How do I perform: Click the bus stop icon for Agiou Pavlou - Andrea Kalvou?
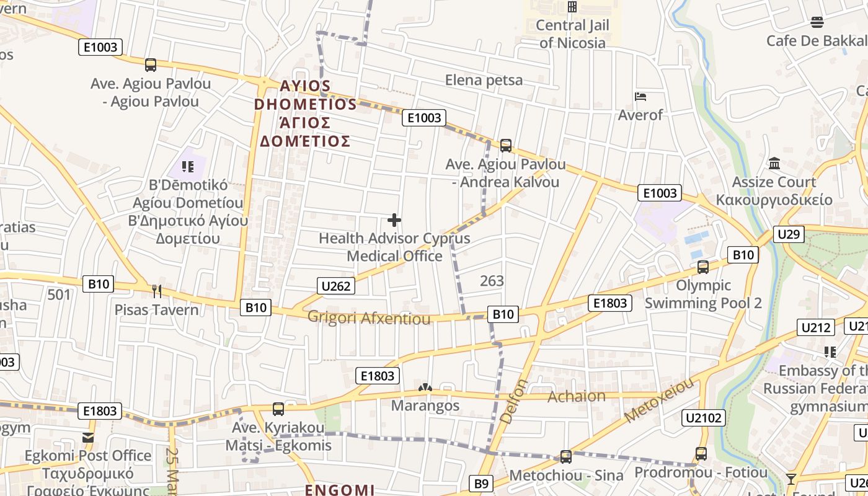[x=506, y=146]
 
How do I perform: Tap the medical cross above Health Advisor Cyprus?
[x=394, y=220]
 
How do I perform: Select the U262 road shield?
[x=337, y=286]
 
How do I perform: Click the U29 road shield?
[x=789, y=234]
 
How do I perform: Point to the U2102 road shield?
[x=704, y=418]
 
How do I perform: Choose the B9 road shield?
[x=482, y=484]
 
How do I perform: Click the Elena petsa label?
[x=484, y=80]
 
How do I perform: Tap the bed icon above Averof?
[x=640, y=97]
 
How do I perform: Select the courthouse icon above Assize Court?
[x=774, y=164]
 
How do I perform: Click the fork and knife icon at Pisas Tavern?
[x=157, y=291]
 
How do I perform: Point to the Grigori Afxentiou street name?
[x=369, y=319]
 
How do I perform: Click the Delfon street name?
[x=514, y=402]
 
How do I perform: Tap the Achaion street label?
[x=577, y=396]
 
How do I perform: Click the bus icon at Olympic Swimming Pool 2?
[x=703, y=267]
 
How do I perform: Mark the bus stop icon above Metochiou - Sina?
[x=565, y=457]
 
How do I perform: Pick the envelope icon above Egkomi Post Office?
[x=88, y=438]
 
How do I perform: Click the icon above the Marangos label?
[x=425, y=388]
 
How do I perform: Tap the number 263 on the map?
[x=492, y=281]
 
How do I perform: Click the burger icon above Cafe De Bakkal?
[x=817, y=23]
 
